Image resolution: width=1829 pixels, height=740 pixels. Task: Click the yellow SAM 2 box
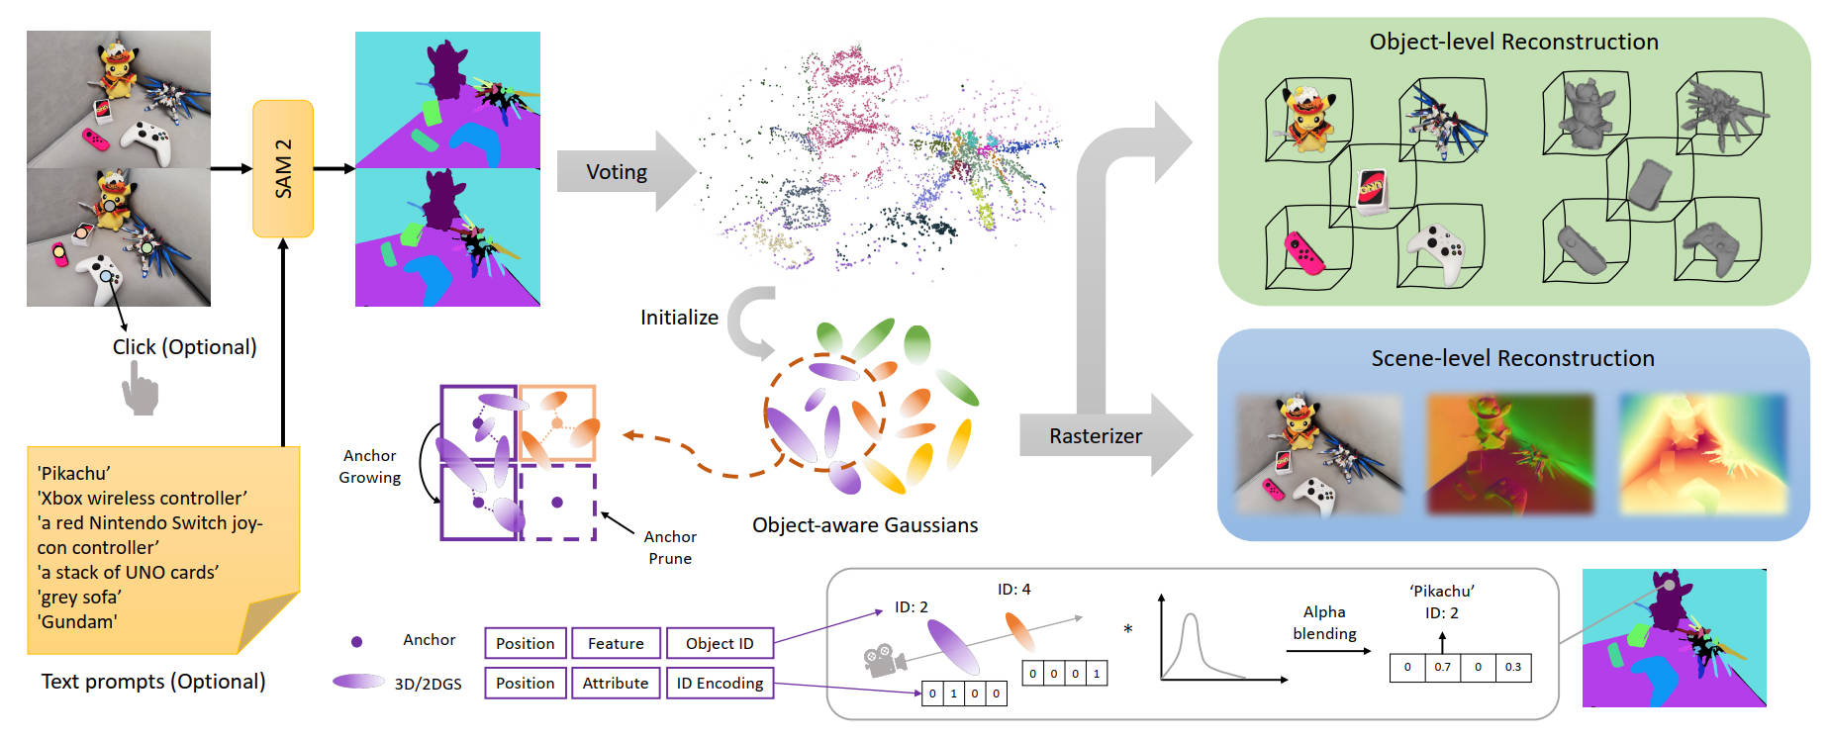[x=283, y=168]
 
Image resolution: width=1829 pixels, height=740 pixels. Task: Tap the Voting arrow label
[x=616, y=172]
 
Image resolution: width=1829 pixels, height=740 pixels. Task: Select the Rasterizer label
[x=1095, y=436]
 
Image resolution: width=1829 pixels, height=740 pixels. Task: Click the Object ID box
[x=720, y=643]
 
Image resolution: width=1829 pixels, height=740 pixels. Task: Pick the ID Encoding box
[x=720, y=683]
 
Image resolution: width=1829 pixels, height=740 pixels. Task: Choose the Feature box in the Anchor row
[x=616, y=643]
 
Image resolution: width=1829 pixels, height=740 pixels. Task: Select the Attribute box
[x=616, y=683]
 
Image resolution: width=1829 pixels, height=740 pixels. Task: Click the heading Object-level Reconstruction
[x=1513, y=42]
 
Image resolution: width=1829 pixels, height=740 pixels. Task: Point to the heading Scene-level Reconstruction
[x=1512, y=358]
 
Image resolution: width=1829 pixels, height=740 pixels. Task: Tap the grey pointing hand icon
[x=140, y=388]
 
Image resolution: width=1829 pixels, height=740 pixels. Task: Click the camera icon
[x=885, y=659]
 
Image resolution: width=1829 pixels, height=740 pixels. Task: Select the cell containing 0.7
[x=1443, y=667]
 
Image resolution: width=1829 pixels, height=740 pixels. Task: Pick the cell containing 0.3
[x=1513, y=667]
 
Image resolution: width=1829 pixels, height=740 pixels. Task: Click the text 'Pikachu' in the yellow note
[x=74, y=473]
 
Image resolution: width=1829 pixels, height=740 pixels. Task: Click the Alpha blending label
[x=1324, y=622]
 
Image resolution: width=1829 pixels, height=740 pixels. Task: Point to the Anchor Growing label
[x=369, y=466]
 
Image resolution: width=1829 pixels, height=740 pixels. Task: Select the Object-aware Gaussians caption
[x=864, y=525]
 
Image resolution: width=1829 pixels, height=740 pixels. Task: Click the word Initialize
[x=679, y=318]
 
